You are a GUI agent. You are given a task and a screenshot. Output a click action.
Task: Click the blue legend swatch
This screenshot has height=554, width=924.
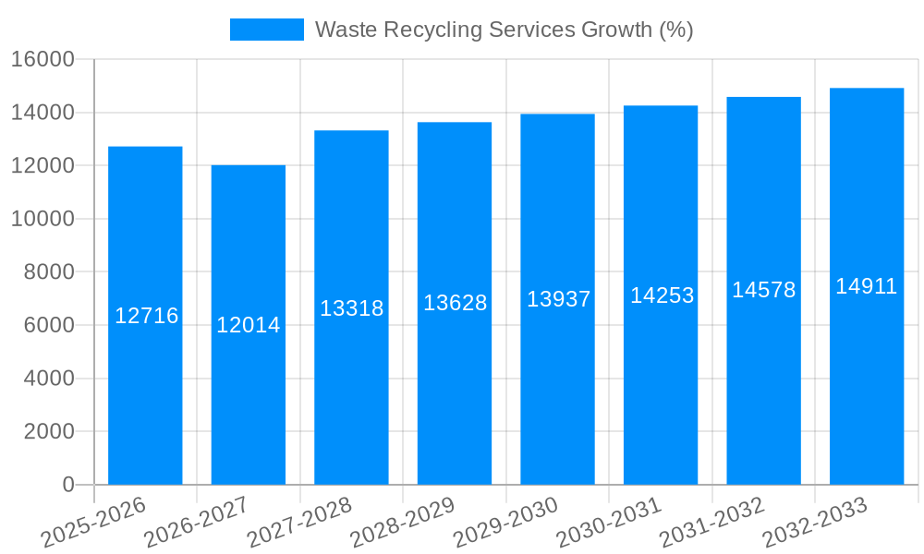266,30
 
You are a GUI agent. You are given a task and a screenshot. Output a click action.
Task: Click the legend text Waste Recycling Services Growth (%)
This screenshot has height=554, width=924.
504,30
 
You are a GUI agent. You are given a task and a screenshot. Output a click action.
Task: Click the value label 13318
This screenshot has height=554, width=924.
351,308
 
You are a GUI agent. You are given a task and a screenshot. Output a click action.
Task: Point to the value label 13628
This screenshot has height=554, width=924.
455,303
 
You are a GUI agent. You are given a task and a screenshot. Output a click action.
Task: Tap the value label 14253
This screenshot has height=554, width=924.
662,295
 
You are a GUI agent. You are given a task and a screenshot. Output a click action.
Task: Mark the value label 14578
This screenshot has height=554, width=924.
763,290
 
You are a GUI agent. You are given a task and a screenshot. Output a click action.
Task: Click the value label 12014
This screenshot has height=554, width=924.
249,325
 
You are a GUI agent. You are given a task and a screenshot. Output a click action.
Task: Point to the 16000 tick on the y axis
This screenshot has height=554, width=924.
43,60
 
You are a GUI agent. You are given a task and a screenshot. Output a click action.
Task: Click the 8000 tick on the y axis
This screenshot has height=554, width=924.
49,272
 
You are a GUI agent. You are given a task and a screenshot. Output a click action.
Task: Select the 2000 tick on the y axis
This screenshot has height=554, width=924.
49,432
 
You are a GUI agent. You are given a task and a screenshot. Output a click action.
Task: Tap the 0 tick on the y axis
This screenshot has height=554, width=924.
68,485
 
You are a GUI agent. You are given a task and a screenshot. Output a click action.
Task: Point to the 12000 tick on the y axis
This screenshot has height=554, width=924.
43,166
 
